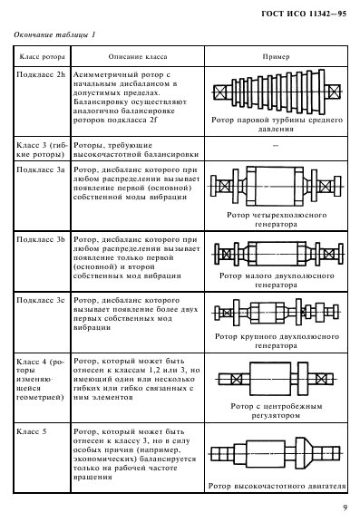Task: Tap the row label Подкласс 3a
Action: (x=43, y=169)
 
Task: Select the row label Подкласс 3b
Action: (x=43, y=238)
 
